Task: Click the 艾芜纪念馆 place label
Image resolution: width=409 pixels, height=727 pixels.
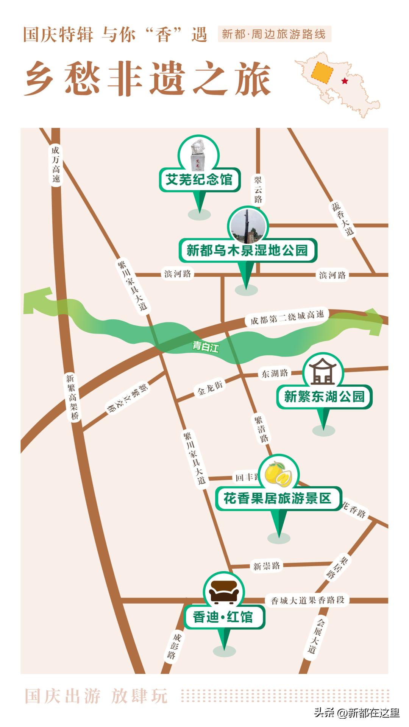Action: pyautogui.click(x=199, y=179)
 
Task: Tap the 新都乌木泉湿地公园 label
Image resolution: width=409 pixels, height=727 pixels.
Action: pyautogui.click(x=247, y=250)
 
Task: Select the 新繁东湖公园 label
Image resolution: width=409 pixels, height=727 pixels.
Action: pyautogui.click(x=324, y=397)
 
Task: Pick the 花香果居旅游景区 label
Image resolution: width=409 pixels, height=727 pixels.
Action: pyautogui.click(x=278, y=498)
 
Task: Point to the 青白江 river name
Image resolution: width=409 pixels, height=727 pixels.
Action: pyautogui.click(x=206, y=346)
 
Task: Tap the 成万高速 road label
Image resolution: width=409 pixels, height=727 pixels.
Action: pyautogui.click(x=56, y=165)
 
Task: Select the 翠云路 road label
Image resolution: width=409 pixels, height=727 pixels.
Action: pyautogui.click(x=258, y=190)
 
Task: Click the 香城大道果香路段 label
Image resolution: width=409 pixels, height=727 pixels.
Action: pyautogui.click(x=308, y=600)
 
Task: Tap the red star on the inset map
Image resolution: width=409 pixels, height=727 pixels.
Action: pyautogui.click(x=344, y=81)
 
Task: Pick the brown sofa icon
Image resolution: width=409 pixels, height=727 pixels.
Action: pyautogui.click(x=224, y=592)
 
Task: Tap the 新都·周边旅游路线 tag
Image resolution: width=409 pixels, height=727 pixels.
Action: pyautogui.click(x=274, y=34)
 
